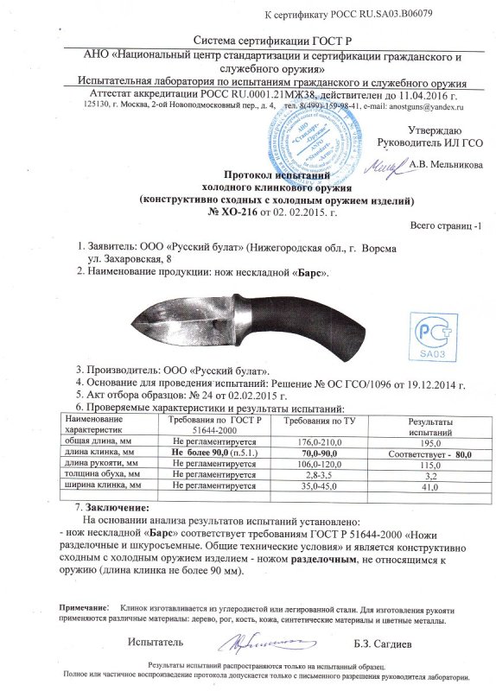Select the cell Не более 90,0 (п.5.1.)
tap(213, 452)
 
